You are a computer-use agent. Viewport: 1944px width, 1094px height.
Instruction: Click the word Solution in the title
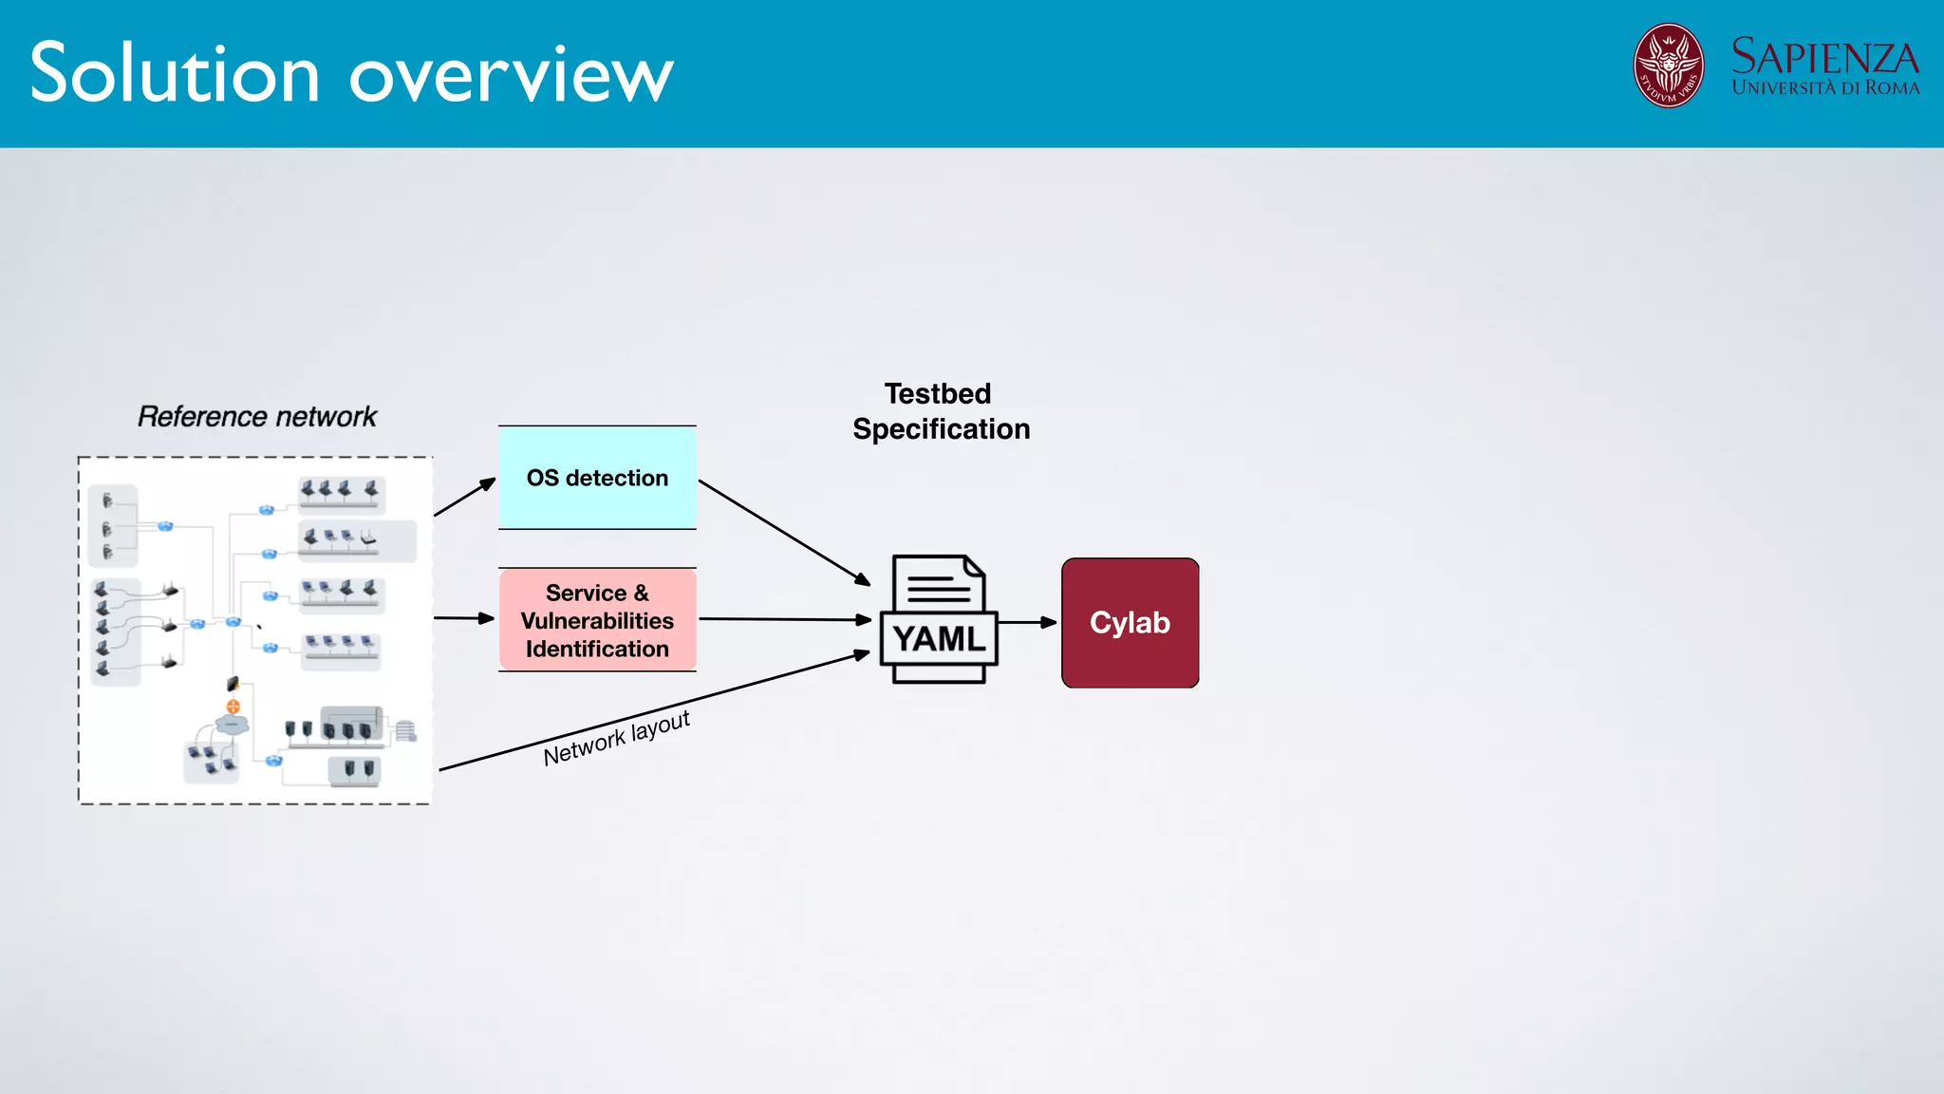176,74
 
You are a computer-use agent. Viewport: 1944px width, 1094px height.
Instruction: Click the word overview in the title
512,76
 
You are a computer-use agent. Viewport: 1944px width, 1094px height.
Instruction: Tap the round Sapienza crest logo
1668,66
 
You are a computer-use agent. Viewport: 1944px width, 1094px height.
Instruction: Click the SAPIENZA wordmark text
1824,57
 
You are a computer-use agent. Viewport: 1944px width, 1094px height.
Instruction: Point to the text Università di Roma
1824,88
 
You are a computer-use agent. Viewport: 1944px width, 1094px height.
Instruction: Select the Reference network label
257,417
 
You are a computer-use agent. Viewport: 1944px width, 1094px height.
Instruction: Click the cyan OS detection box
597,478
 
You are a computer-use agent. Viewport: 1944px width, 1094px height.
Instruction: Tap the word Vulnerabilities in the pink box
597,621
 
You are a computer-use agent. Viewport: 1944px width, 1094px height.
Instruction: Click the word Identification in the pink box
597,650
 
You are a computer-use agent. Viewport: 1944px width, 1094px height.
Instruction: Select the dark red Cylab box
1130,623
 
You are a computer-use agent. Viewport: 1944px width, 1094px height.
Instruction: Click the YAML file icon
939,619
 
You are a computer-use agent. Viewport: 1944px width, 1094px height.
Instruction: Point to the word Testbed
938,394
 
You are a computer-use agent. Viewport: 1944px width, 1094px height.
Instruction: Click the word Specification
941,429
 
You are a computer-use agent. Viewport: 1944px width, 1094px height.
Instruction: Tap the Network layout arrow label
616,738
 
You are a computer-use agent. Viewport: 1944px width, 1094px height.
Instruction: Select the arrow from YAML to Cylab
1027,623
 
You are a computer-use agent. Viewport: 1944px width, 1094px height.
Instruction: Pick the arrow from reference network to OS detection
464,498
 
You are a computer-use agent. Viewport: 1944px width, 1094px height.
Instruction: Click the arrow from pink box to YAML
783,619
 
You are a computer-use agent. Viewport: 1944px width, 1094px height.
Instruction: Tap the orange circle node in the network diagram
233,706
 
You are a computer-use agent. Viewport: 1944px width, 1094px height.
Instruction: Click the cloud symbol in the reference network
232,725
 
